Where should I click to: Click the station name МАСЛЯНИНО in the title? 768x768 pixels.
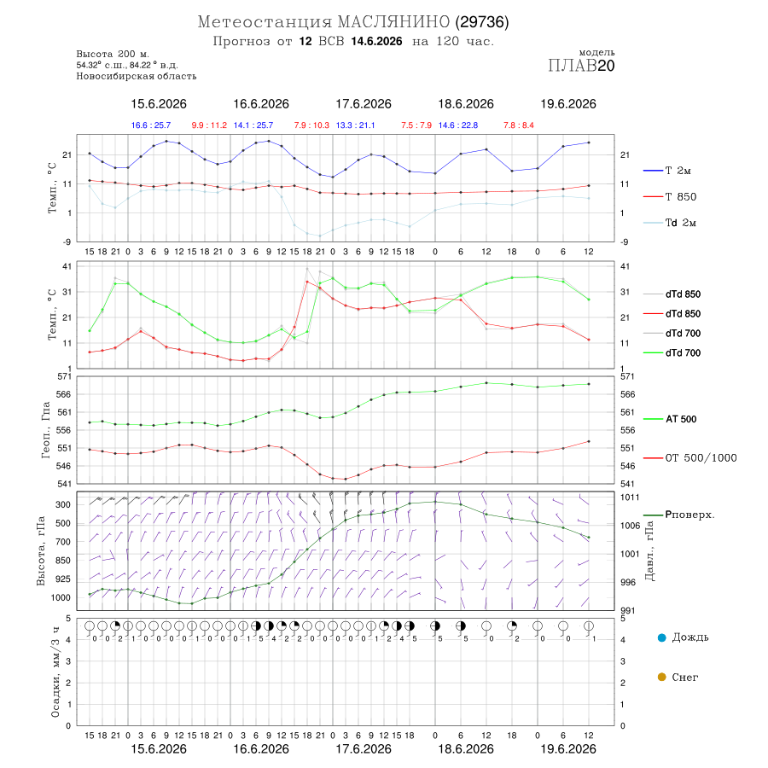pyautogui.click(x=393, y=22)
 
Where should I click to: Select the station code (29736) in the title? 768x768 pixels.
pyautogui.click(x=482, y=22)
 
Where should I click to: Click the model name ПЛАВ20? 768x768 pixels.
pyautogui.click(x=581, y=65)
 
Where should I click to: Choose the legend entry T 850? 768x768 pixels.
pyautogui.click(x=680, y=196)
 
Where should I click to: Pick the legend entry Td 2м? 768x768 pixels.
pyautogui.click(x=680, y=223)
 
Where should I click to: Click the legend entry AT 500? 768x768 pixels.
pyautogui.click(x=681, y=419)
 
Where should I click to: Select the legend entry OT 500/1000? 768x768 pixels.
pyautogui.click(x=701, y=457)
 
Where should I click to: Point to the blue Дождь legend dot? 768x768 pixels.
pyautogui.click(x=661, y=637)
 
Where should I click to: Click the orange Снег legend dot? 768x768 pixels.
pyautogui.click(x=661, y=677)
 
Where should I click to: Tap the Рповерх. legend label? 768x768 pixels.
pyautogui.click(x=689, y=515)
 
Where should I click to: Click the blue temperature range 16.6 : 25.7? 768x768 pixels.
pyautogui.click(x=151, y=125)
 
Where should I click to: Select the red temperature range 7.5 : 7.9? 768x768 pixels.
pyautogui.click(x=416, y=125)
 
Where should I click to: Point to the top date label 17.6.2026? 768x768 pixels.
pyautogui.click(x=364, y=104)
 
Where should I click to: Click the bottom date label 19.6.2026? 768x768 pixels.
pyautogui.click(x=568, y=749)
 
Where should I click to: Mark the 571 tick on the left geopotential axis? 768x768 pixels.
pyautogui.click(x=65, y=376)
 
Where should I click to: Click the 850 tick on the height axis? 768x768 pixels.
pyautogui.click(x=62, y=561)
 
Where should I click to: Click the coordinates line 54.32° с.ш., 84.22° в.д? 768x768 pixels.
pyautogui.click(x=127, y=65)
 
